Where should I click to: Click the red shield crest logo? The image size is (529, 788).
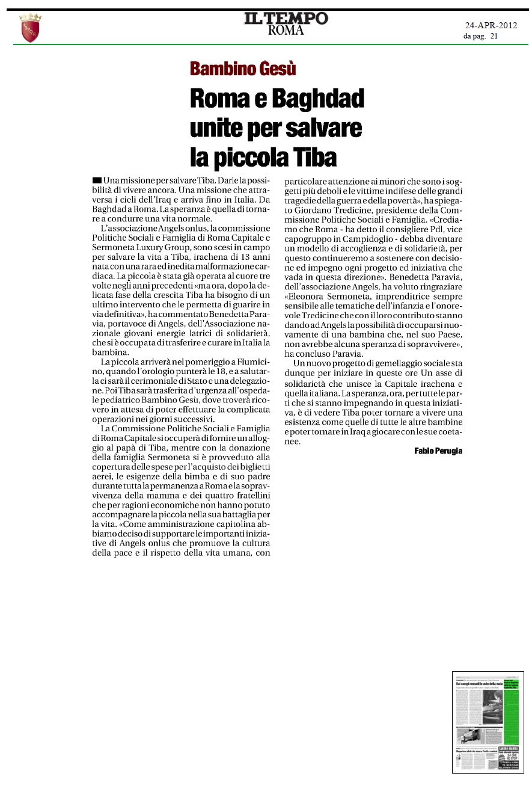coord(30,29)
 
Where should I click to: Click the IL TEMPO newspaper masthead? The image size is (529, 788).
coord(286,18)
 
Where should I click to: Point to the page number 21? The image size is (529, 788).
coord(494,36)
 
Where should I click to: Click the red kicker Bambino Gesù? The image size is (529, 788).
coord(243,69)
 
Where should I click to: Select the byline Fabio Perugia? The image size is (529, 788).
coord(438,451)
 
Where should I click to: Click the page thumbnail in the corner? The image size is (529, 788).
coord(488,722)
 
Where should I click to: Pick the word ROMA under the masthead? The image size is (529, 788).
coord(286,31)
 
